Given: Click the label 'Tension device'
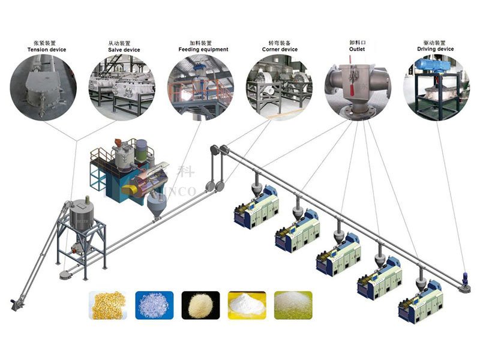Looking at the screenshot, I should [46, 49].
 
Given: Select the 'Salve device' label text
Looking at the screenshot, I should [124, 49].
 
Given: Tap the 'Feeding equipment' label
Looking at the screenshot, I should [203, 49].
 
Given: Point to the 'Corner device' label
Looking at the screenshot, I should [280, 49].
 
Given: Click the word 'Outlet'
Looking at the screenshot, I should [358, 49].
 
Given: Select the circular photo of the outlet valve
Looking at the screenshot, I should [358, 88].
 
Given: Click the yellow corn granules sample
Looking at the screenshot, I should [108, 304].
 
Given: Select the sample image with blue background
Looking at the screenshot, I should [154, 304].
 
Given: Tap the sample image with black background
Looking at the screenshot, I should [200, 304].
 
